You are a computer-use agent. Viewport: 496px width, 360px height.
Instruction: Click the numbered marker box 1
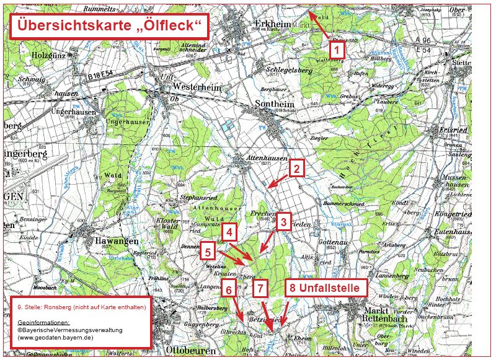click(335, 48)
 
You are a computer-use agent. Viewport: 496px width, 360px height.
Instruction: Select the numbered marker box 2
click(296, 168)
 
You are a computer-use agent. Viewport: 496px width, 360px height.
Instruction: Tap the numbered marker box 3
click(283, 222)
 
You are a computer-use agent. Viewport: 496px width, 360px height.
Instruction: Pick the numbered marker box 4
click(229, 232)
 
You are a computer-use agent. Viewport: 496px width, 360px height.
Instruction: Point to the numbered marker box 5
click(208, 251)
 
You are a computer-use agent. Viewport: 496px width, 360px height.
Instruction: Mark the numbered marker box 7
click(260, 288)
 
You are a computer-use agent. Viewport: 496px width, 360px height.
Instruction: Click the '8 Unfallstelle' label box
click(326, 288)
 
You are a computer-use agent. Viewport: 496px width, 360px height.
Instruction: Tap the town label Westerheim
click(197, 88)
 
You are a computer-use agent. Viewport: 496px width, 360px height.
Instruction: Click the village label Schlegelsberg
click(290, 70)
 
